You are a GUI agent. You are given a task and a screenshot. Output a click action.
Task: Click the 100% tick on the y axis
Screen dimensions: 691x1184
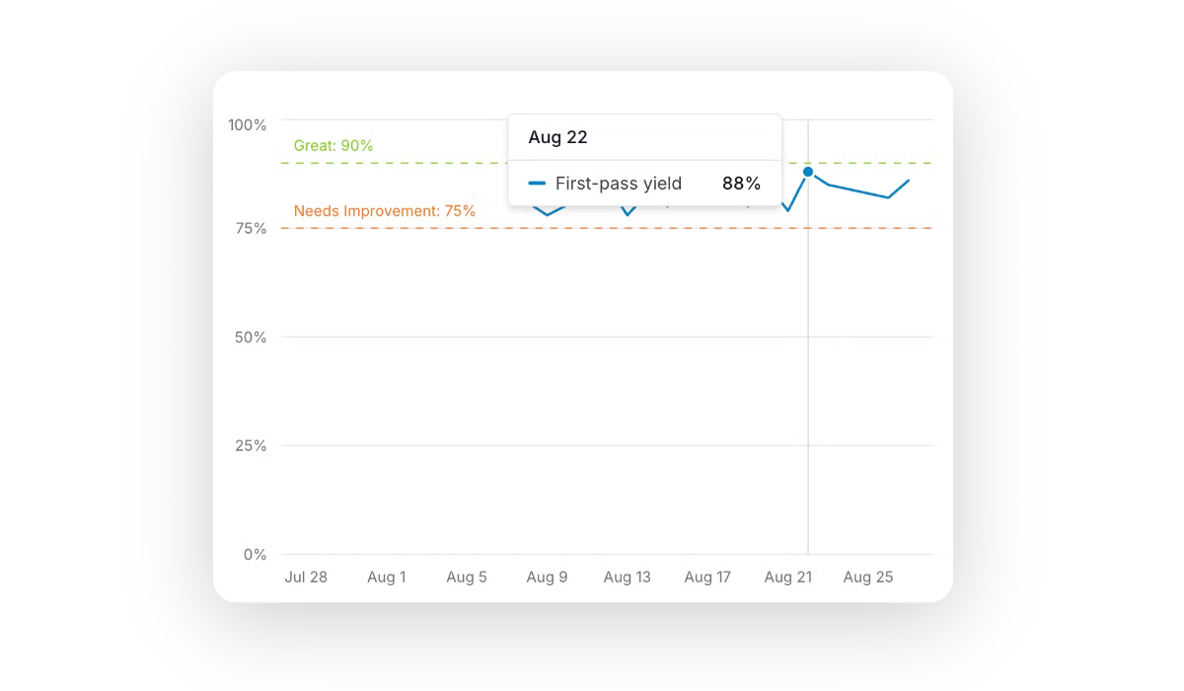pos(247,125)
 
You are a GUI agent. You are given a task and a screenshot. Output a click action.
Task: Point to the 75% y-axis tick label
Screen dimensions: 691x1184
pos(251,229)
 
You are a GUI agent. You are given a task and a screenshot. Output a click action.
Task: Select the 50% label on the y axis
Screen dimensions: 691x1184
pos(251,338)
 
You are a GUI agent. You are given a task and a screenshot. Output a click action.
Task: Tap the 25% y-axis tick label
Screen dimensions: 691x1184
pos(251,446)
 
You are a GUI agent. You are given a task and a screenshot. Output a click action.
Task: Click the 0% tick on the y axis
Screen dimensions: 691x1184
pos(255,555)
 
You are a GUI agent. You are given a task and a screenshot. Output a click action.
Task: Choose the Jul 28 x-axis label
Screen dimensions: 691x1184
pos(306,577)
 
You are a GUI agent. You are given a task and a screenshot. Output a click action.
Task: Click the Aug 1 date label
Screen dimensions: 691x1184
pos(387,577)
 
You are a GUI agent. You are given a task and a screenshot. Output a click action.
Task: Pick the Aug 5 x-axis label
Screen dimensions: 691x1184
pos(467,577)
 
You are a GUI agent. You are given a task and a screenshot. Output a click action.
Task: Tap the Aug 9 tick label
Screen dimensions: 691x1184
pos(548,577)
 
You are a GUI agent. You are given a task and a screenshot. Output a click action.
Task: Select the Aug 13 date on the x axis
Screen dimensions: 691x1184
pos(628,577)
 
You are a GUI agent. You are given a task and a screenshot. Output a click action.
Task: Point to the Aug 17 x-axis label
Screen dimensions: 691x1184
pos(707,577)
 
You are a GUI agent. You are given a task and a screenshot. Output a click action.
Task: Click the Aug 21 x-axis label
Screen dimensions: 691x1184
pos(787,577)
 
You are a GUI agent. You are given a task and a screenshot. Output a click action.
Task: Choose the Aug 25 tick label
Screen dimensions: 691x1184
pos(868,577)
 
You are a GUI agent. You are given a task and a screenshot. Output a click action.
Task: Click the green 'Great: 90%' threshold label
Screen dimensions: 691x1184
pos(333,146)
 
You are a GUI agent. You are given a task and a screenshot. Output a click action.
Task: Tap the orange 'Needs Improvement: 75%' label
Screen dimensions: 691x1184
pos(385,211)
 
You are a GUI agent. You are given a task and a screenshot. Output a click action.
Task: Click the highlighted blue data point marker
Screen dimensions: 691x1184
pos(808,172)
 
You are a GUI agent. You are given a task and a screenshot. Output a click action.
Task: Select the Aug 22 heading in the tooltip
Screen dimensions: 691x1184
pos(557,138)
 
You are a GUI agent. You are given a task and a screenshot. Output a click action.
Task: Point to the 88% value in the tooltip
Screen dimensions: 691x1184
pos(741,184)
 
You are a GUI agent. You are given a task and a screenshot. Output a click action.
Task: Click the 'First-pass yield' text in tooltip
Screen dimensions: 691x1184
pos(619,184)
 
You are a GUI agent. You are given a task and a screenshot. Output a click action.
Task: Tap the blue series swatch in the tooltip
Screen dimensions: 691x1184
pos(537,184)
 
